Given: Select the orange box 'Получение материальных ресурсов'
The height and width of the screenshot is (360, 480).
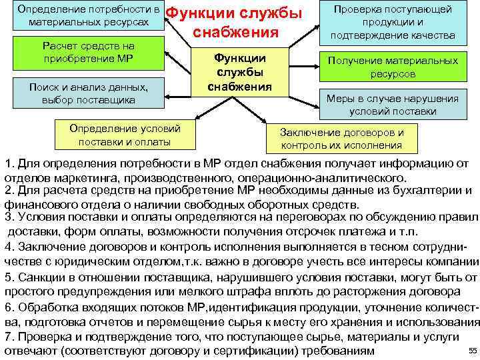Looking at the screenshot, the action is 392,67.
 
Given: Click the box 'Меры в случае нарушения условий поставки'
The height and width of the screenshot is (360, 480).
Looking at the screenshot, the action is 392,105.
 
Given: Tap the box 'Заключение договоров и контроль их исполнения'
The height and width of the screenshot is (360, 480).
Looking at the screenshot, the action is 342,139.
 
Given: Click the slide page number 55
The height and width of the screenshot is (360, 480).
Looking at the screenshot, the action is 471,351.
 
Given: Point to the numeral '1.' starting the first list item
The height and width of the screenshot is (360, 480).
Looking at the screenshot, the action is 9,165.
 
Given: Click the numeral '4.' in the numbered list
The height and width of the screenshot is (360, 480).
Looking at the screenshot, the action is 9,246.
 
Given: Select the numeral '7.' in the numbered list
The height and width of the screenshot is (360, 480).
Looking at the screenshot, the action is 9,336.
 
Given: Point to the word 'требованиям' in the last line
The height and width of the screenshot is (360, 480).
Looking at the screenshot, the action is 339,351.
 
